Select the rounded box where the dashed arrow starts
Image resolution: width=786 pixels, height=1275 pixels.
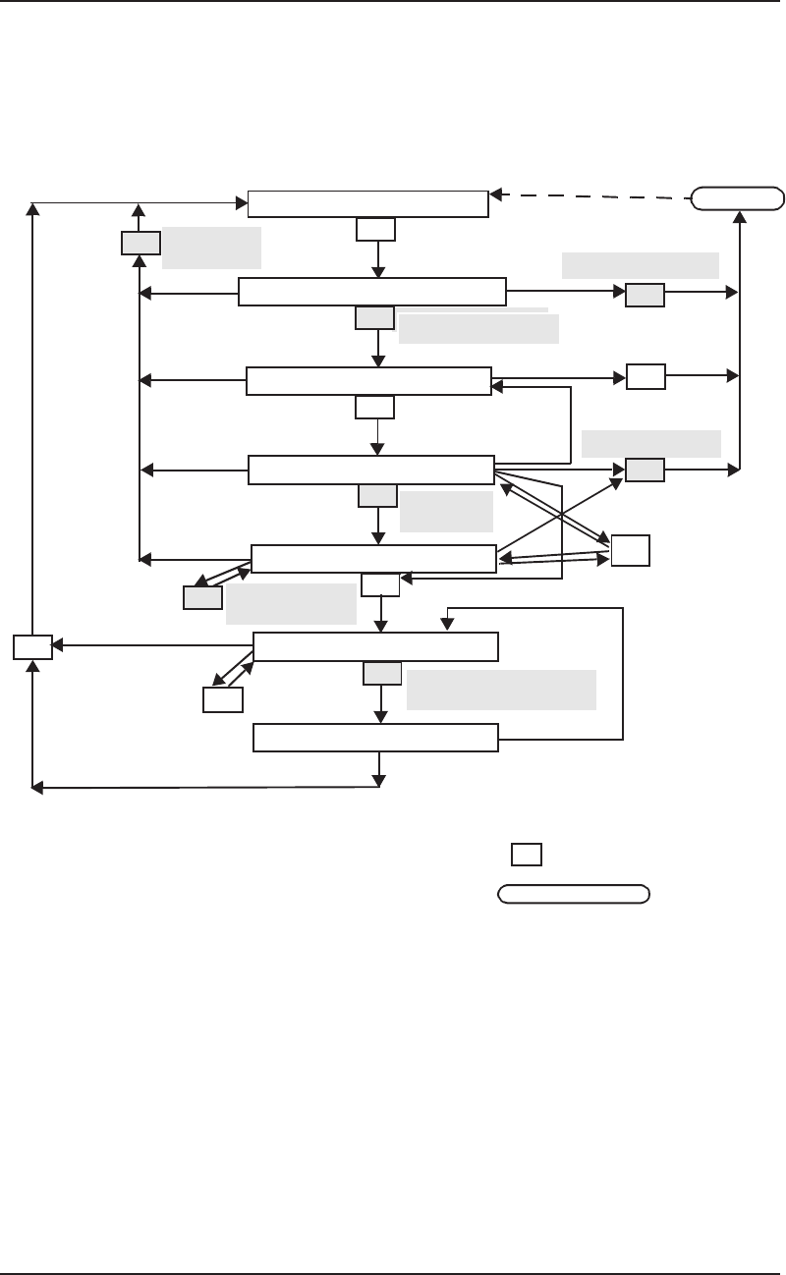pos(738,198)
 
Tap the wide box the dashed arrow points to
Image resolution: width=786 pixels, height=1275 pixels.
pos(367,203)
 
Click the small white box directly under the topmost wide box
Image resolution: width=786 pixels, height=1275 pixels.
pos(375,229)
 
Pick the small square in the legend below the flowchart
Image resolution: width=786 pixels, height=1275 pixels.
pos(526,855)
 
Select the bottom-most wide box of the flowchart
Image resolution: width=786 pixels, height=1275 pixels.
pos(375,738)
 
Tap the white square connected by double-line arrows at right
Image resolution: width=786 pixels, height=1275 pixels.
pos(630,550)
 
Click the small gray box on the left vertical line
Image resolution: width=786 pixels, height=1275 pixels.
pos(140,243)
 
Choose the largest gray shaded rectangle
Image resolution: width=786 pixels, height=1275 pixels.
pos(501,690)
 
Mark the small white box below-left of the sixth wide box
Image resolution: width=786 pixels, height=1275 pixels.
pos(222,699)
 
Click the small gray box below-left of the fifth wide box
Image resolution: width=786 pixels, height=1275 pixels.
pos(202,597)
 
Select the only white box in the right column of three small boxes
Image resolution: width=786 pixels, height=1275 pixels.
pos(645,376)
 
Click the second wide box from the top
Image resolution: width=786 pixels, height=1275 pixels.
pos(372,292)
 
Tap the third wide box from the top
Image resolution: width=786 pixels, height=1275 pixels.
pos(368,380)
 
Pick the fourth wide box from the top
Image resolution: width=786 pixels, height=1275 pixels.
pos(370,470)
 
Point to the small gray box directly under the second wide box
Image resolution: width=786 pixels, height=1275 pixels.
pos(374,317)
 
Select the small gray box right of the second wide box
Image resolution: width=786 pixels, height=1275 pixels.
pos(645,293)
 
